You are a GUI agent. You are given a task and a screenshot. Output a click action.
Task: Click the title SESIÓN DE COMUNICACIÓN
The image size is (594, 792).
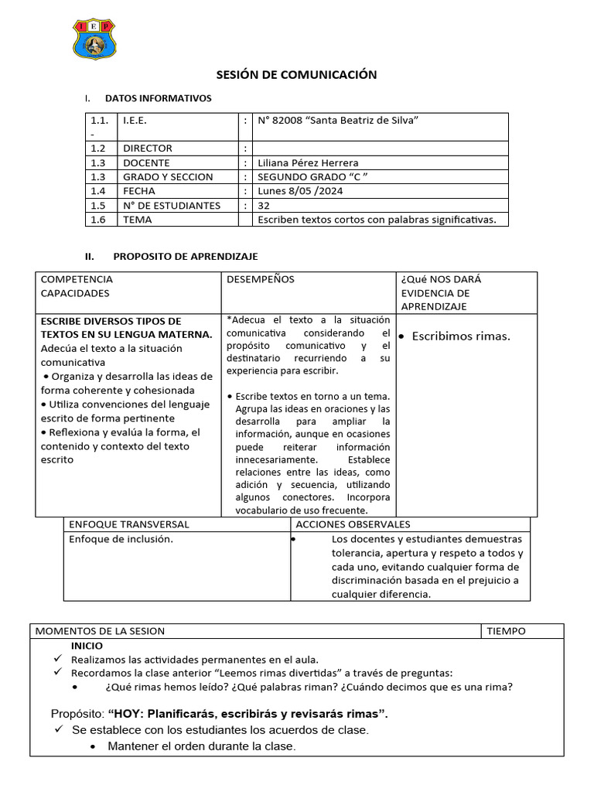click(x=296, y=75)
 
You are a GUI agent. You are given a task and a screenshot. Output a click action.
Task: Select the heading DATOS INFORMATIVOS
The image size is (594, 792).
click(x=158, y=98)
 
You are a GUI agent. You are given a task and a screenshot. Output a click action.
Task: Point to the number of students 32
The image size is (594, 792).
click(x=264, y=205)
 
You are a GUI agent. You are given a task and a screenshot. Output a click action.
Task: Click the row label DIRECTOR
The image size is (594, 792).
click(x=147, y=148)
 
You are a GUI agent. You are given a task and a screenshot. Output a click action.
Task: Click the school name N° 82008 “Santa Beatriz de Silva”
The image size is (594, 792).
click(x=338, y=120)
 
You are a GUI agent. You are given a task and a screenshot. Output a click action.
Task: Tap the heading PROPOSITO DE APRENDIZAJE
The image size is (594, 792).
click(x=186, y=256)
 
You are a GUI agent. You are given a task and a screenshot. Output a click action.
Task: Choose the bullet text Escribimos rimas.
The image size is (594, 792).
click(x=461, y=336)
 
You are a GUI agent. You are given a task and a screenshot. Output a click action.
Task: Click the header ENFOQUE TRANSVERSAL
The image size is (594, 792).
click(x=129, y=524)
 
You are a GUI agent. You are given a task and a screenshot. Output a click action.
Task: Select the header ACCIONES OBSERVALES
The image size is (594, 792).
click(x=353, y=524)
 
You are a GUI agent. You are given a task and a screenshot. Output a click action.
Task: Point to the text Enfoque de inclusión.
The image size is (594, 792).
click(x=121, y=539)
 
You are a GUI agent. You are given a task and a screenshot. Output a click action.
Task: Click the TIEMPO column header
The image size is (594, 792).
click(x=506, y=630)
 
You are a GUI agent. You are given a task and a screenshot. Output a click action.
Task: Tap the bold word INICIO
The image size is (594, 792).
click(x=87, y=645)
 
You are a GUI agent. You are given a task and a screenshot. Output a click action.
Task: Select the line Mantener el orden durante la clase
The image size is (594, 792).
click(x=201, y=746)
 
